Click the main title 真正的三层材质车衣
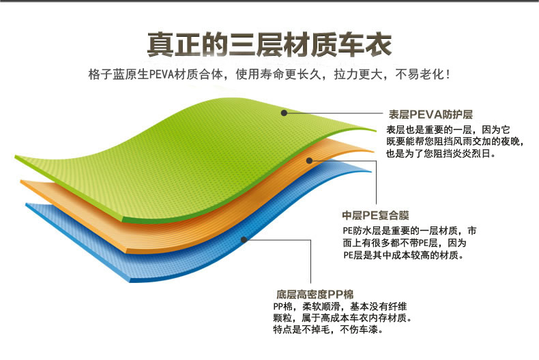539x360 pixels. (x=269, y=44)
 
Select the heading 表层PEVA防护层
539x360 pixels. (x=431, y=115)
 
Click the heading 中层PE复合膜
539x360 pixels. (x=375, y=215)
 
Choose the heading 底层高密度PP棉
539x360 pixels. (x=315, y=295)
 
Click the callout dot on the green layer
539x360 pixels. (x=284, y=112)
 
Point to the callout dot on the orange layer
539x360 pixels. (x=309, y=160)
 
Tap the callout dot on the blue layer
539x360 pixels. (x=244, y=239)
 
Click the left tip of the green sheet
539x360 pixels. (x=15, y=156)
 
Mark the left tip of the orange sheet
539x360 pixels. (x=20, y=181)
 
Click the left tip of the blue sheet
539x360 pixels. (x=26, y=205)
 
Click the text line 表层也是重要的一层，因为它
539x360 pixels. (x=448, y=130)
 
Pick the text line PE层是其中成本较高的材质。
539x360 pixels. (x=403, y=255)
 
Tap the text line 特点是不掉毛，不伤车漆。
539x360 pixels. (x=328, y=329)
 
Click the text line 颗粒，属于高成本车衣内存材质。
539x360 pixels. (x=342, y=318)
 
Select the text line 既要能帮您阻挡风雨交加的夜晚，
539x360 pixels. (x=455, y=142)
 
